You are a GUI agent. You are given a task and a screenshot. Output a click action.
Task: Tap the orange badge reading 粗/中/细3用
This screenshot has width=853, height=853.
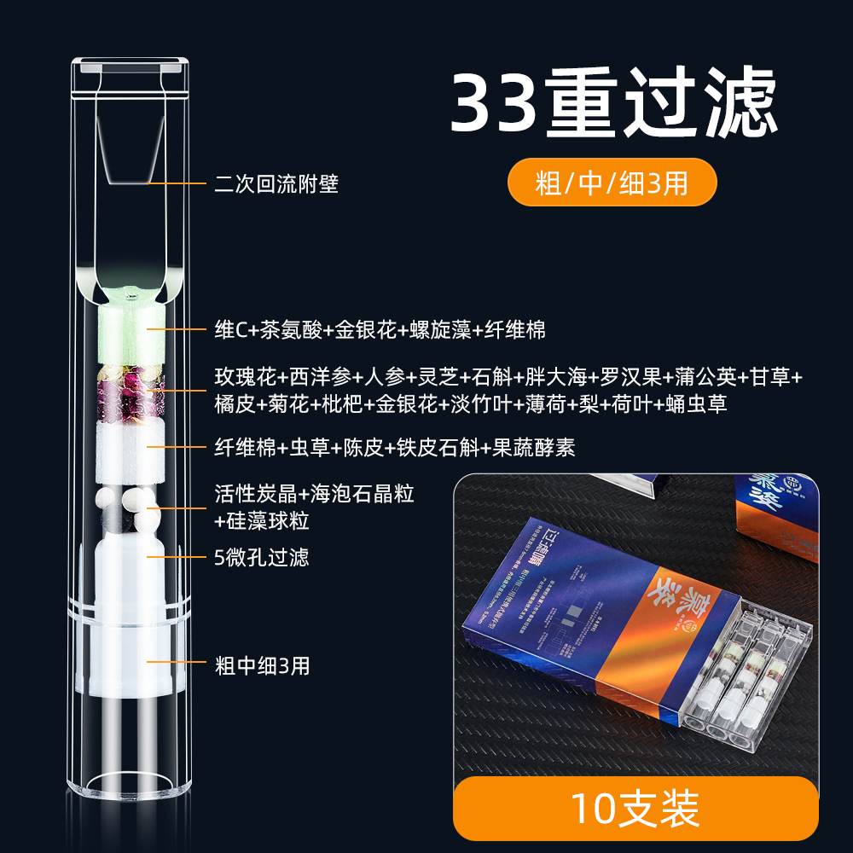(x=612, y=183)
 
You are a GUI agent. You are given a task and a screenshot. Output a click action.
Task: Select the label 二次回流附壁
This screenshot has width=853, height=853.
(x=276, y=184)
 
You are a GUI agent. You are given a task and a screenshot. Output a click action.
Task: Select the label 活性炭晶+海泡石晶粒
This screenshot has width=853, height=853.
(x=315, y=494)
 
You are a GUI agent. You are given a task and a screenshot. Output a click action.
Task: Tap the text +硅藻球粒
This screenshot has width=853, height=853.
(x=262, y=521)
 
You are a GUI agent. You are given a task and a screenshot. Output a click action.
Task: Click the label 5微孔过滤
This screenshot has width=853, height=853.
(x=262, y=558)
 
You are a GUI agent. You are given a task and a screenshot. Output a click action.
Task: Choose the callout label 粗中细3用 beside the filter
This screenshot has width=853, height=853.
(x=262, y=666)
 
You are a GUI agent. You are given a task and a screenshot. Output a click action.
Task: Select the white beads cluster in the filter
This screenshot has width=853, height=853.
(x=128, y=503)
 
